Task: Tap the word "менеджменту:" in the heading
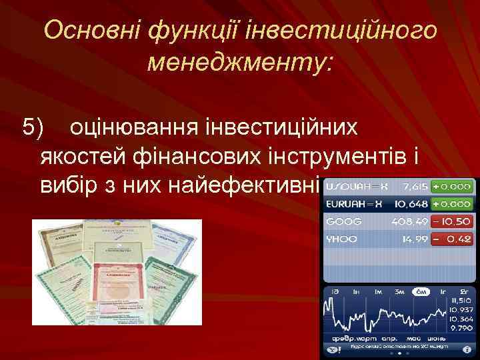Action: pyautogui.click(x=241, y=64)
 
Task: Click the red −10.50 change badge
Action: pyautogui.click(x=452, y=221)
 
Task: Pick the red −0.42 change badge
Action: pyautogui.click(x=452, y=239)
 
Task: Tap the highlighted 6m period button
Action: pyautogui.click(x=421, y=292)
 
